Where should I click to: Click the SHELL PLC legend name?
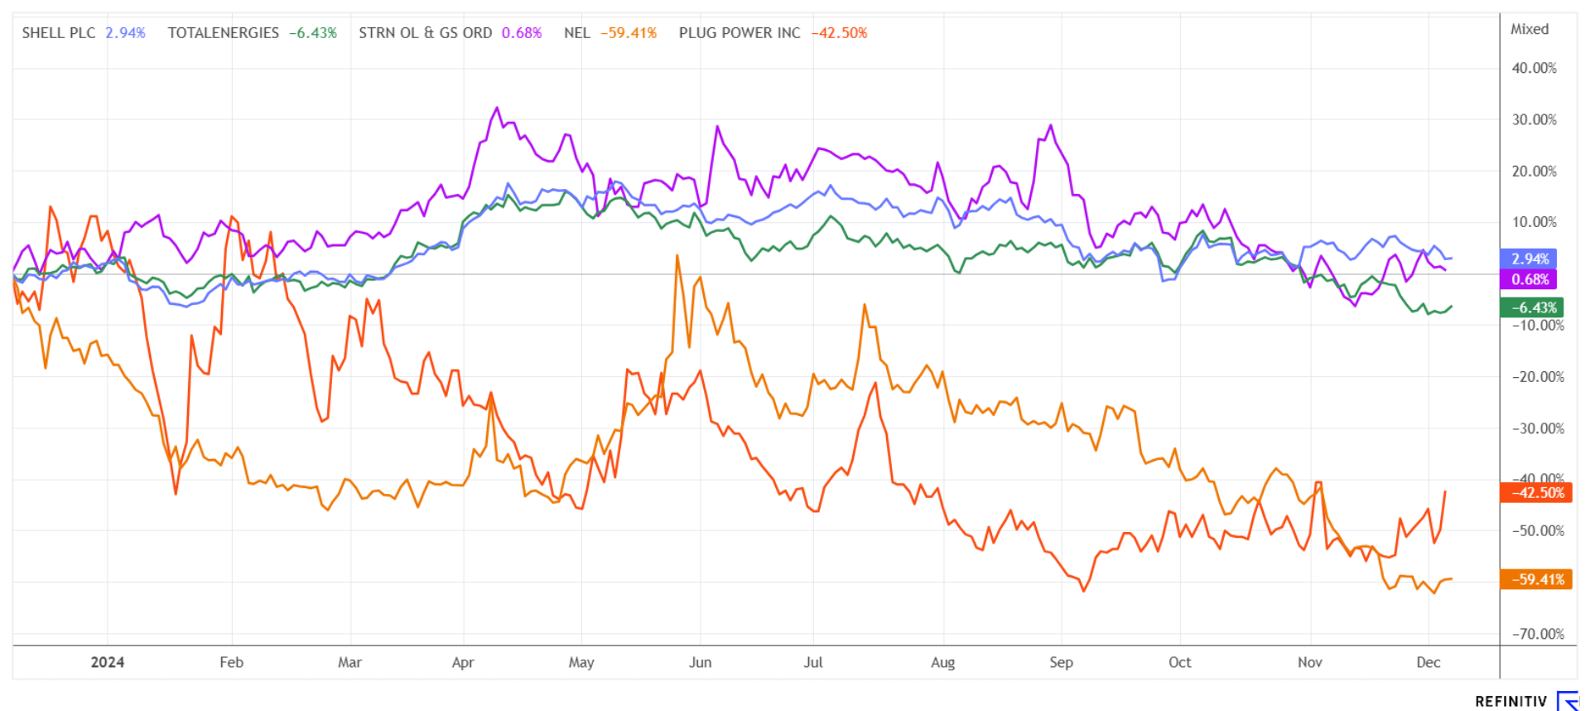click(x=58, y=33)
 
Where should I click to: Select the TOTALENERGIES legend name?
click(x=223, y=33)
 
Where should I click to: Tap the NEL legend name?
click(x=576, y=33)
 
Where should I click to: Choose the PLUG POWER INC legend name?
click(x=740, y=33)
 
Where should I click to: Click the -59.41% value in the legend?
click(x=629, y=33)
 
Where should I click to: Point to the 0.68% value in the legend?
click(x=522, y=33)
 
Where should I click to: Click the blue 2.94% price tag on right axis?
click(x=1529, y=259)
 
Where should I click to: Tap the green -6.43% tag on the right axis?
click(x=1532, y=307)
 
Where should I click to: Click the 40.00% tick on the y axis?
click(x=1534, y=68)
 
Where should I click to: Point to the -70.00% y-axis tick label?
click(x=1538, y=634)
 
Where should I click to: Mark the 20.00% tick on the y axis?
click(x=1534, y=171)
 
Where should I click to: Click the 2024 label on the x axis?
click(x=108, y=662)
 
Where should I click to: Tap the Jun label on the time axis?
click(x=700, y=662)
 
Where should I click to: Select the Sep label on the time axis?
click(x=1061, y=662)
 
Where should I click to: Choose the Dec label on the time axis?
click(x=1428, y=662)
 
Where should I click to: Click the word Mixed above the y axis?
click(x=1529, y=29)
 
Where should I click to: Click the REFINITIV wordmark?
click(x=1510, y=701)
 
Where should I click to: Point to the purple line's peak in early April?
click(x=497, y=108)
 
